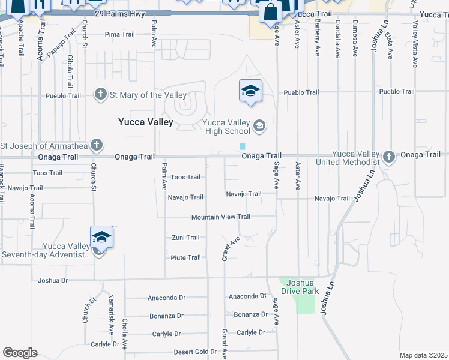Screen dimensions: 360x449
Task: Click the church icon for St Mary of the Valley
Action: tap(100, 94)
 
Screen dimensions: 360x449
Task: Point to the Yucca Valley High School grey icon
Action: tap(259, 125)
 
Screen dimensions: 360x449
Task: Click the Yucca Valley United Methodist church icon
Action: tap(389, 157)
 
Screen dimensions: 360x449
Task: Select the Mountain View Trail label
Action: tap(220, 217)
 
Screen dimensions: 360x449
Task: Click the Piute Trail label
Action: tap(185, 257)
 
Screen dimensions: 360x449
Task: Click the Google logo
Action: tap(20, 353)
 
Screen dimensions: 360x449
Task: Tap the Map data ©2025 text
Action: tap(423, 355)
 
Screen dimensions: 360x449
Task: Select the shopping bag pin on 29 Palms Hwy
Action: tap(271, 11)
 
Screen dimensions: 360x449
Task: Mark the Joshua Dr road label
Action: tap(53, 280)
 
